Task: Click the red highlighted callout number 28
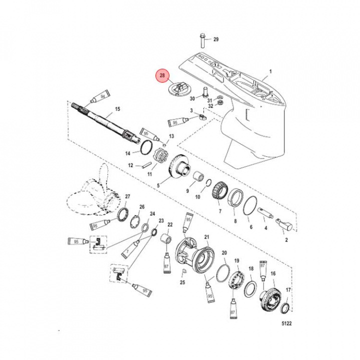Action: (x=162, y=76)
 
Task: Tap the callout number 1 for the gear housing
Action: (x=270, y=71)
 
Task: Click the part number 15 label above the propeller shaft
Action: (x=117, y=109)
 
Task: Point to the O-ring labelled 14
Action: (x=146, y=147)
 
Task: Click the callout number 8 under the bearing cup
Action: (x=235, y=220)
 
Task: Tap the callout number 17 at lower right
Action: (x=288, y=290)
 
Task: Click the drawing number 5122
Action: (x=285, y=323)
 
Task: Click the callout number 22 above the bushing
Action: (x=170, y=224)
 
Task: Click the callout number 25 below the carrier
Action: (x=183, y=282)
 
